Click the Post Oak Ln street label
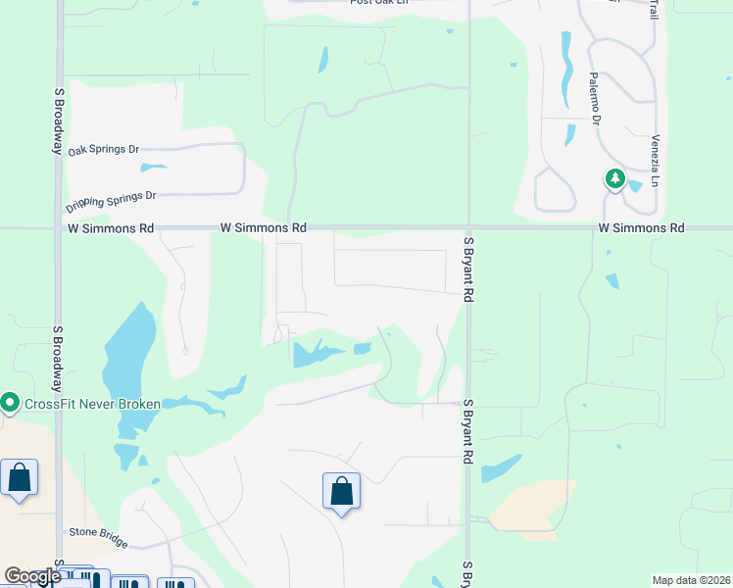(x=379, y=2)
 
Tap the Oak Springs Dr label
(x=104, y=150)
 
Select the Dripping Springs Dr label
(x=111, y=201)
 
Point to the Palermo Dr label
(x=594, y=98)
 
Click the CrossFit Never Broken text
(x=91, y=404)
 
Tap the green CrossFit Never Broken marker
(x=10, y=403)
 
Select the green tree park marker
(x=614, y=178)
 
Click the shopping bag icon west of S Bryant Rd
(x=341, y=490)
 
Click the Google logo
(x=32, y=576)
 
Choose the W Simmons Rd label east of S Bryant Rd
(x=642, y=227)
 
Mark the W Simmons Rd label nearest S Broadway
(x=111, y=227)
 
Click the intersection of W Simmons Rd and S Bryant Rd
(x=469, y=228)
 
